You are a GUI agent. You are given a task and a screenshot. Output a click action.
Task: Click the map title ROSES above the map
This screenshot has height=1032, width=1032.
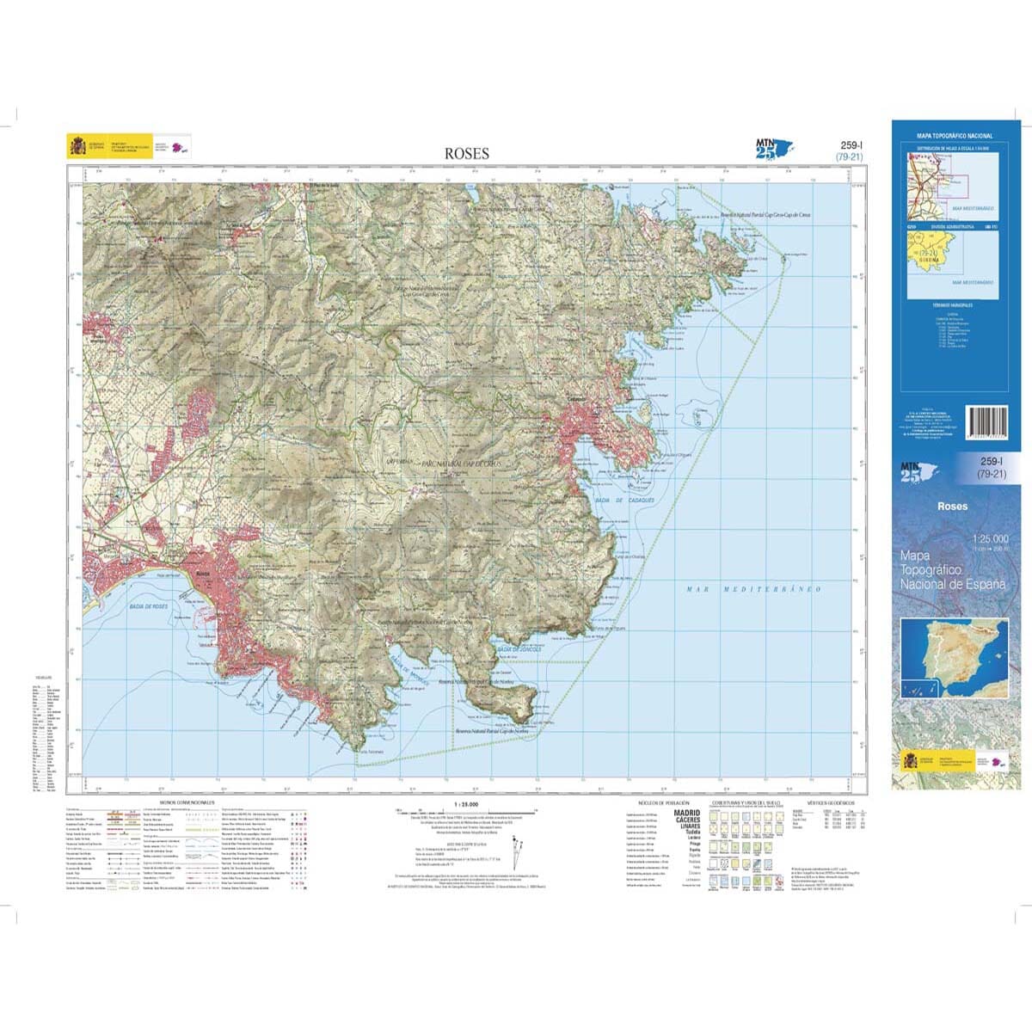(x=466, y=154)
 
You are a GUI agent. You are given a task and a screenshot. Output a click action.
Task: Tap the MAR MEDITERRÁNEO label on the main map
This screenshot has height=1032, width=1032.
(x=754, y=590)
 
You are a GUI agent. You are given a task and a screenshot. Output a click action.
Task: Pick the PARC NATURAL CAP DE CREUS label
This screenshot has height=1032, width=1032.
(x=463, y=463)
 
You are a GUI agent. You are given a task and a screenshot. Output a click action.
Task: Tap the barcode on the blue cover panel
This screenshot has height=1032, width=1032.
(x=992, y=423)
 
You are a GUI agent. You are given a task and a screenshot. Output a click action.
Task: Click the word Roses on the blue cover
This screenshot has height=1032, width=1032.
(x=952, y=507)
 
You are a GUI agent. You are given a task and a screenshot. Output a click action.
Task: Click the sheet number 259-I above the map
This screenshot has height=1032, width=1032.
(x=850, y=145)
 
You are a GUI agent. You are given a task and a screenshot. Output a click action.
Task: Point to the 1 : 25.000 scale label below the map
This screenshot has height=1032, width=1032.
(x=464, y=803)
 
